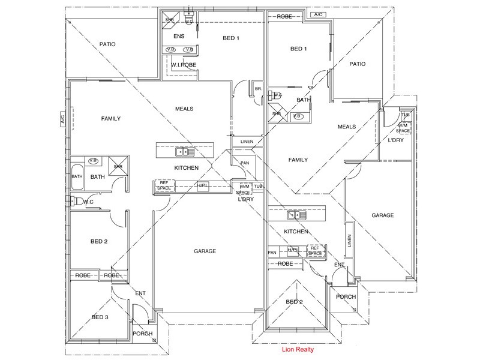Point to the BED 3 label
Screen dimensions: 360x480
point(99,316)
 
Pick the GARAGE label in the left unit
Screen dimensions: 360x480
point(205,251)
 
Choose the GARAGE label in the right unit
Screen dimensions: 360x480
point(382,215)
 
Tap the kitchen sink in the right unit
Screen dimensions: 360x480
point(297,215)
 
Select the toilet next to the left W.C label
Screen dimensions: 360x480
point(76,201)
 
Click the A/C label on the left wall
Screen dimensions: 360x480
point(62,119)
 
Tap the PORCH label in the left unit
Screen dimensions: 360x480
point(142,334)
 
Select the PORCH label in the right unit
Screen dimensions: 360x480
point(346,297)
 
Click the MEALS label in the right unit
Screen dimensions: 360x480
point(347,127)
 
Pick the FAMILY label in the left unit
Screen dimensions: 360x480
point(110,119)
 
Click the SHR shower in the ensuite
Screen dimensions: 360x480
point(169,19)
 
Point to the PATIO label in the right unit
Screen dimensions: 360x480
point(358,64)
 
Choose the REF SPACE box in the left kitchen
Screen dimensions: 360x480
point(164,186)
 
